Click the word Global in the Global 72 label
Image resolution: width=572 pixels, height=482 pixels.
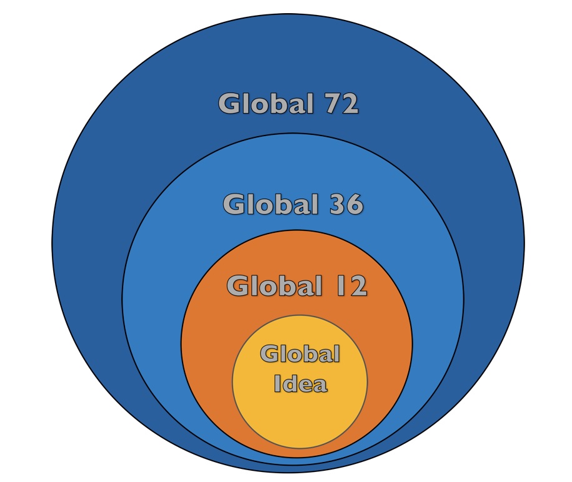[266, 103]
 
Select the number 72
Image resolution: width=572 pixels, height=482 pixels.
[341, 104]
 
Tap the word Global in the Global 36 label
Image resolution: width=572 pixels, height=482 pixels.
[270, 204]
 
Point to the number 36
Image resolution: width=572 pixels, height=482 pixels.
[346, 204]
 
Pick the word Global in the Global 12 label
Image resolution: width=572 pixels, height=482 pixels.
[274, 285]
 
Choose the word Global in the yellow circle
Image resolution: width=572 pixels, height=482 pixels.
[300, 353]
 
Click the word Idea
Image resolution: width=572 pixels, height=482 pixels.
[301, 383]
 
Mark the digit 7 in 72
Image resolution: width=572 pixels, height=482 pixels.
[333, 104]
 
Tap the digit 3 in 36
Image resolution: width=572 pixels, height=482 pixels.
[338, 204]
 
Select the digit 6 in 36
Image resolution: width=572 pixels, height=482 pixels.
[355, 204]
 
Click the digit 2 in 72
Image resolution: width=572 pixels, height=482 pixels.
[350, 104]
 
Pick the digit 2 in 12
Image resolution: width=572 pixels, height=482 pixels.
[358, 285]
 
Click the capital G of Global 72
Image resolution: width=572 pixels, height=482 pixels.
[230, 104]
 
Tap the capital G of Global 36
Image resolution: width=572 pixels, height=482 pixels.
[234, 204]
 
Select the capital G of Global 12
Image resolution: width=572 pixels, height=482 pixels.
[238, 285]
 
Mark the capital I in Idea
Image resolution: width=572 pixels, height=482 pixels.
[277, 383]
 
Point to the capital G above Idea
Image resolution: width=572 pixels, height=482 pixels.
[270, 354]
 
